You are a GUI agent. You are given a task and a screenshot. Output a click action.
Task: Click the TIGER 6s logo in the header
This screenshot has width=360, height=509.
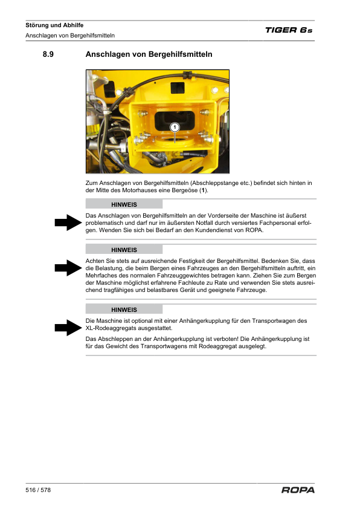(289, 30)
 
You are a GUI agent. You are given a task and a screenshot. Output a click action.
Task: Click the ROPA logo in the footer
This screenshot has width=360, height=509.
(298, 490)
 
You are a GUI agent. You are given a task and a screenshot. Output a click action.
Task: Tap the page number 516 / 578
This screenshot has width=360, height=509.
(38, 490)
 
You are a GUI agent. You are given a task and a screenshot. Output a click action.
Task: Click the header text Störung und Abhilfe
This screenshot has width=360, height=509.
(54, 25)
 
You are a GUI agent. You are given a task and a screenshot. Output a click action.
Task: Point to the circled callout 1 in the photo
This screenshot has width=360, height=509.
(175, 127)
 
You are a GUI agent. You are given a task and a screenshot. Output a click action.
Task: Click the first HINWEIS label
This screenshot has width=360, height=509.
(124, 205)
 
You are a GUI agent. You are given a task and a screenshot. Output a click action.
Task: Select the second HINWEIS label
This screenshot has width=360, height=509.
(124, 250)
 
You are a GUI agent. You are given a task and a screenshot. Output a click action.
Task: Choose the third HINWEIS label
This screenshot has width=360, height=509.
(124, 310)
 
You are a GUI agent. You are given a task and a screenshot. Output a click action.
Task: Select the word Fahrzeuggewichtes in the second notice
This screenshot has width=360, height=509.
(163, 275)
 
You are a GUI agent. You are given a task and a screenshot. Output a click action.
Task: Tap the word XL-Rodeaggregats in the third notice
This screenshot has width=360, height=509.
(108, 328)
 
